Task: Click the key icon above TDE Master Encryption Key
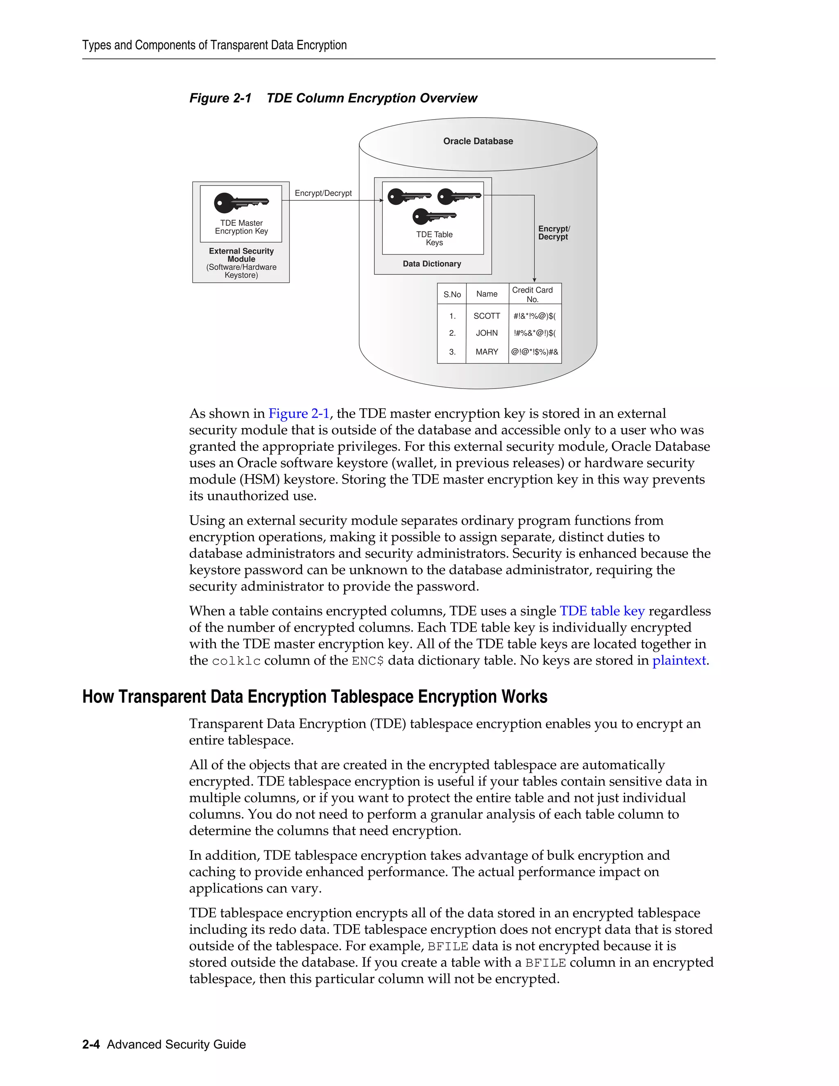pyautogui.click(x=241, y=202)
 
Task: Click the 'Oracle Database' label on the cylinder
pyautogui.click(x=478, y=141)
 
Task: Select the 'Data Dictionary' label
pyautogui.click(x=432, y=264)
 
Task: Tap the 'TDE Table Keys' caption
pyautogui.click(x=434, y=239)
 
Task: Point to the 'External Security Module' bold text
pyautogui.click(x=241, y=255)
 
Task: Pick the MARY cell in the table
pyautogui.click(x=487, y=352)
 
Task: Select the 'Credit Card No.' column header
pyautogui.click(x=532, y=294)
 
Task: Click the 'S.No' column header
pyautogui.click(x=452, y=294)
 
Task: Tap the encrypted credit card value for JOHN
pyautogui.click(x=535, y=333)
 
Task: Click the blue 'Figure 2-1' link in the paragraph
pyautogui.click(x=299, y=414)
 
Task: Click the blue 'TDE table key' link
pyautogui.click(x=602, y=611)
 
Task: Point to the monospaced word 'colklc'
pyautogui.click(x=236, y=661)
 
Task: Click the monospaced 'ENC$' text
pyautogui.click(x=367, y=661)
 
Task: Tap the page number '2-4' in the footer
pyautogui.click(x=91, y=1044)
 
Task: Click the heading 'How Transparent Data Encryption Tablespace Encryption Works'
pyautogui.click(x=315, y=697)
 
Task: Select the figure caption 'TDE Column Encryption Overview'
pyautogui.click(x=372, y=98)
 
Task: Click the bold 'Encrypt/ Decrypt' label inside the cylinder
pyautogui.click(x=553, y=233)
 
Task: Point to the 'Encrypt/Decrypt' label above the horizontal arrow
pyautogui.click(x=323, y=193)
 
